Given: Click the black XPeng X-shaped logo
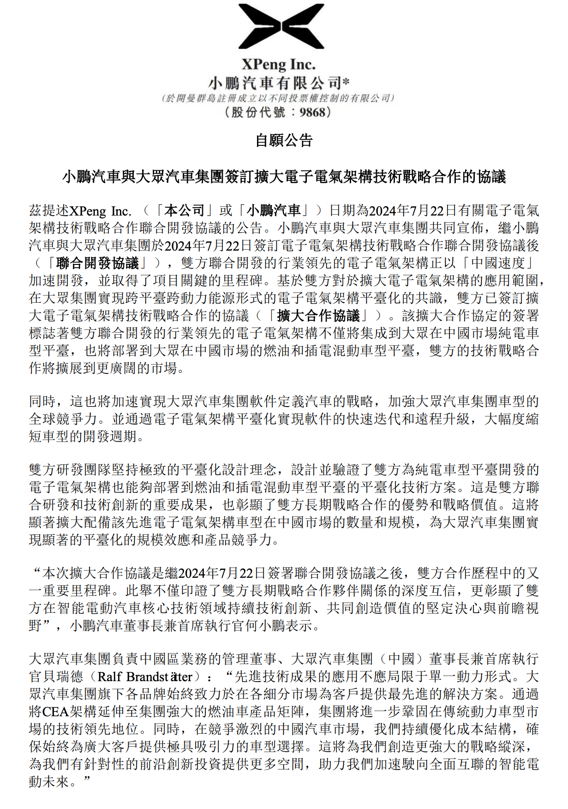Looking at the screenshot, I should coord(281,26).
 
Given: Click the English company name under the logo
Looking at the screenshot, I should coord(278,65).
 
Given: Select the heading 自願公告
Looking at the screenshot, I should coord(284,140).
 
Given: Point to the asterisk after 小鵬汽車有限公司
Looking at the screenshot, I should coord(346,82).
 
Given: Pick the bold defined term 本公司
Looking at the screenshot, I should coord(185,211).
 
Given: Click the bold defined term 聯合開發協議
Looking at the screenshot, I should coord(97,264).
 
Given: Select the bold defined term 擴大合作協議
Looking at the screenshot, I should coord(318,316).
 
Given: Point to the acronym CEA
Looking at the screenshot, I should coord(55,712).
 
